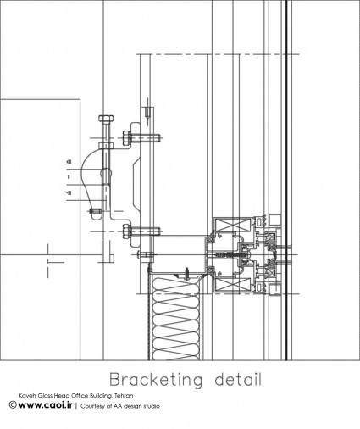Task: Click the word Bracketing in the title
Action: [156, 380]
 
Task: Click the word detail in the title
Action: [238, 379]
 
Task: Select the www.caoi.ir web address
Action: [46, 405]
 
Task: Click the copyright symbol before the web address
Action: [13, 405]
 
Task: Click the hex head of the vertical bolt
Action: [106, 118]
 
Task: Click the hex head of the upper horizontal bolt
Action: [126, 138]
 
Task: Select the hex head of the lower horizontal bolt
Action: [126, 231]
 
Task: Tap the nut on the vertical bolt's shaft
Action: [106, 145]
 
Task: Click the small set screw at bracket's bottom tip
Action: [96, 211]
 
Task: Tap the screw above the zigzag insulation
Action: [187, 273]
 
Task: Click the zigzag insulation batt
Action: [176, 319]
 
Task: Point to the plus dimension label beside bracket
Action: [69, 162]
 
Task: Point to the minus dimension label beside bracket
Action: [69, 193]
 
